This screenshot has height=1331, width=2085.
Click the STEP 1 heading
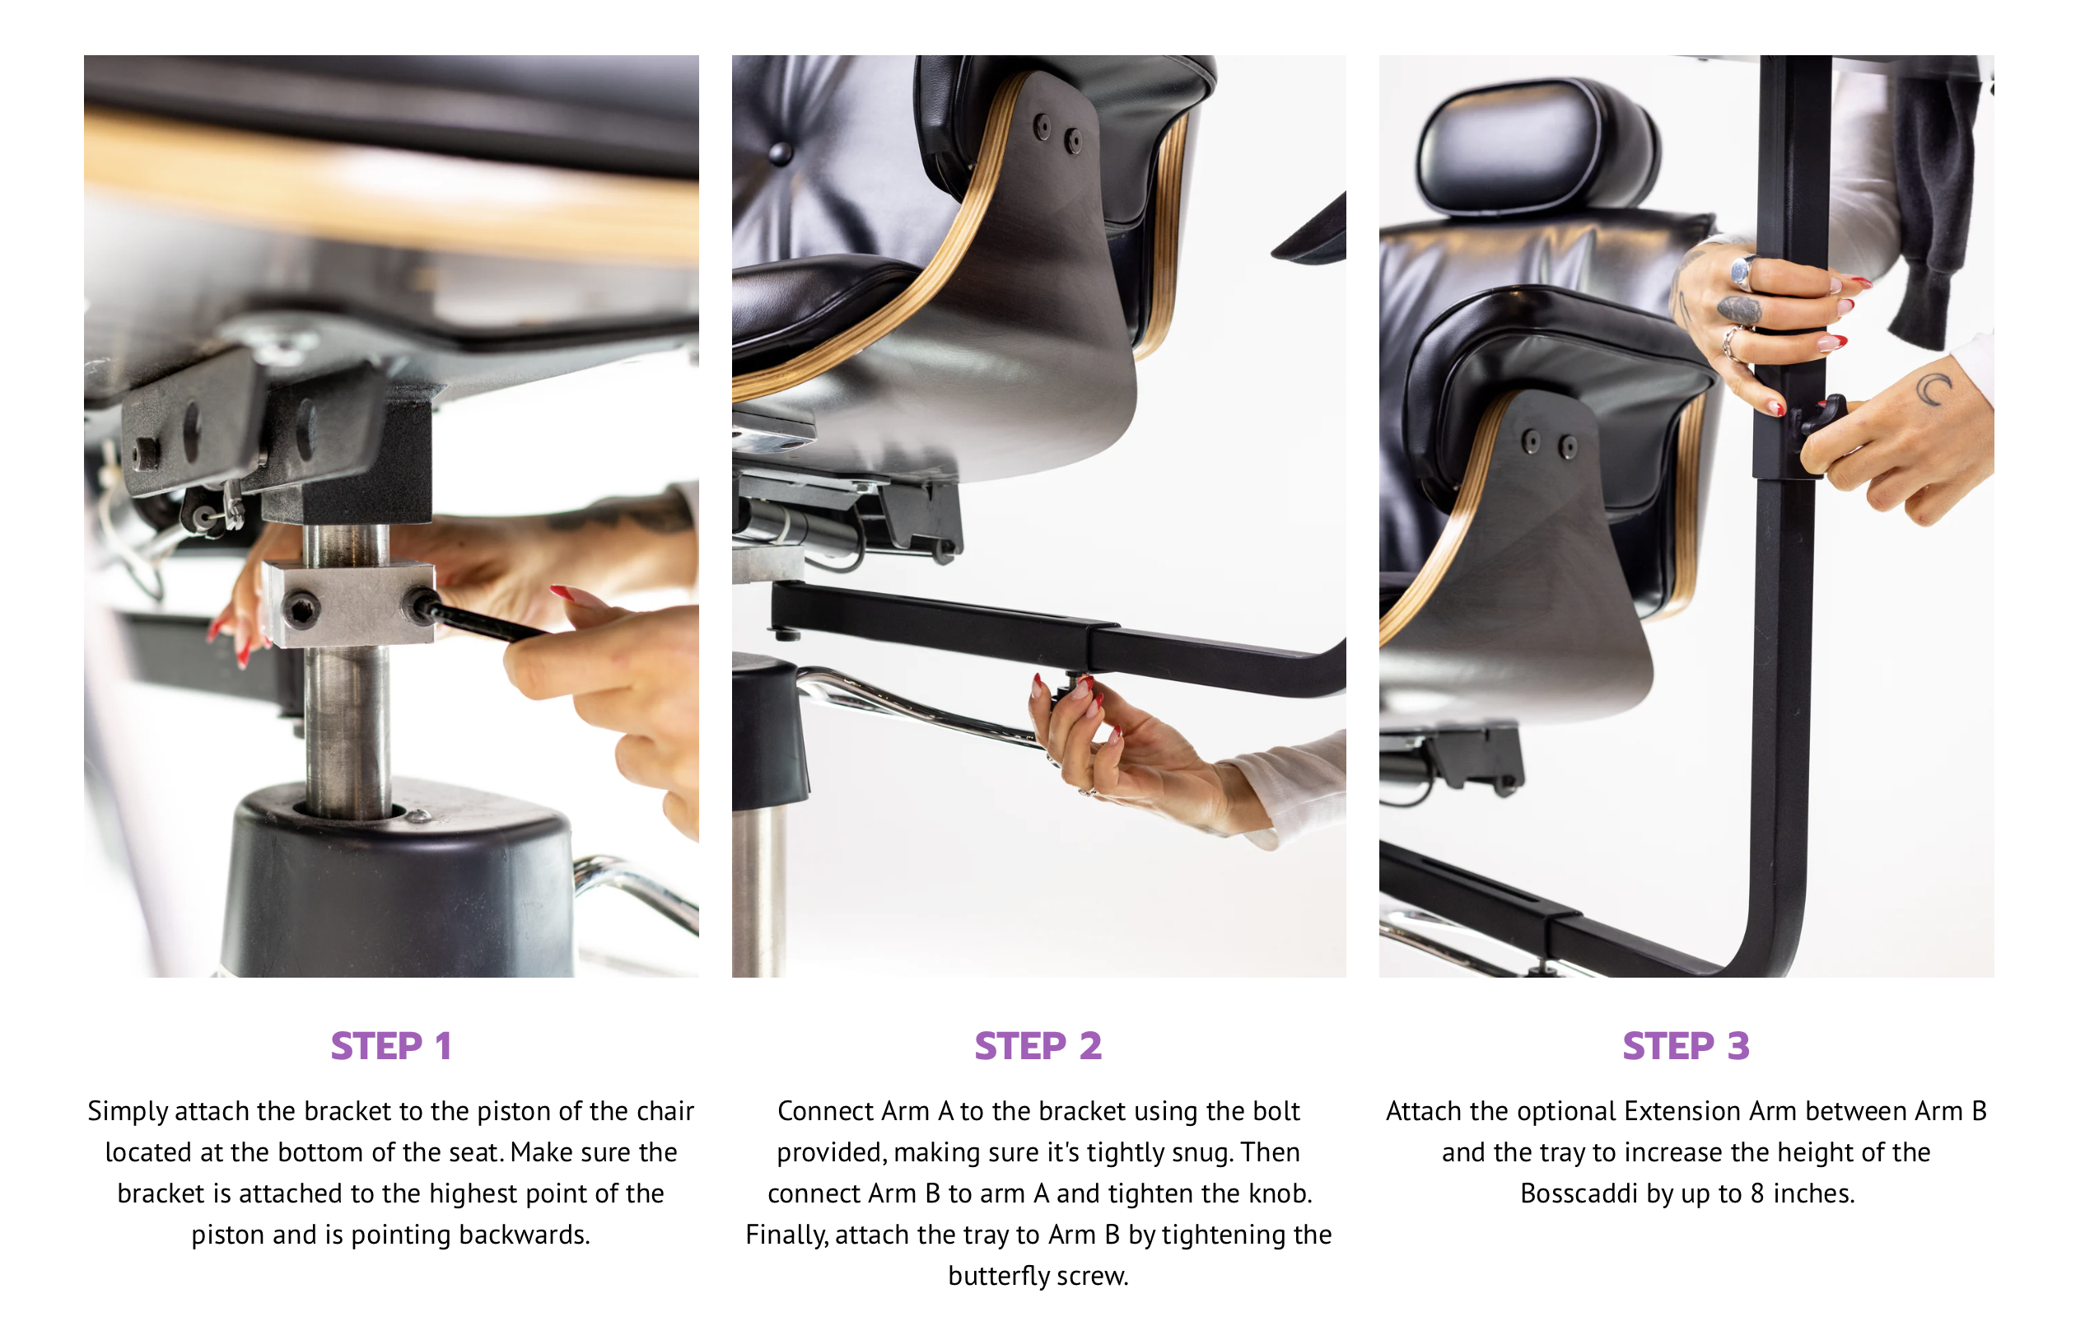(x=390, y=1046)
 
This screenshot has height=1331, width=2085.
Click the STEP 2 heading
(x=1038, y=1046)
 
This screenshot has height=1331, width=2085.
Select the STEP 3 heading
(x=1686, y=1046)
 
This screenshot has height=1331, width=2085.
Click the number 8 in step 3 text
(x=1756, y=1193)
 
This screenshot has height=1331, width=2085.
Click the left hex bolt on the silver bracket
(x=301, y=610)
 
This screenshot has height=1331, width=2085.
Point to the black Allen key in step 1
(x=485, y=621)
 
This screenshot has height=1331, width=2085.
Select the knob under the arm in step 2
(x=1070, y=690)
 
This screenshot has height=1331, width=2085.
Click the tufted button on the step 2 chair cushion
(x=780, y=153)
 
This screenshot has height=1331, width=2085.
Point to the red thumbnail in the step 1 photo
(x=564, y=593)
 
